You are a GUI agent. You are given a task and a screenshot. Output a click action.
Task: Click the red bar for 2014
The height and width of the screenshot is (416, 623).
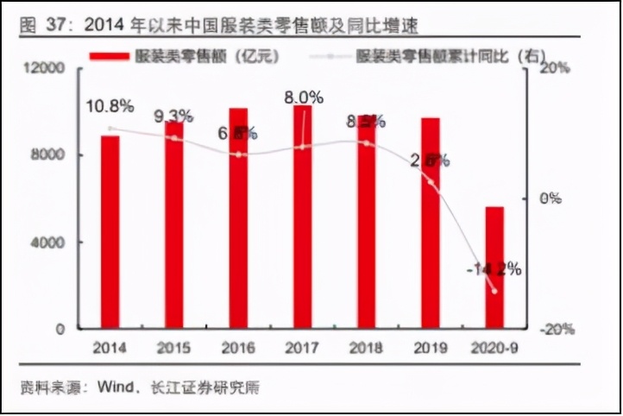(x=110, y=231)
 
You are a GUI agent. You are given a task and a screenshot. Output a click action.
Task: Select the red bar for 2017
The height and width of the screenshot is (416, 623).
(x=303, y=216)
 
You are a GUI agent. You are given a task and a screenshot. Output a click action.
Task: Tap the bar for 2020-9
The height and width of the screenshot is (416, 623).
(x=494, y=268)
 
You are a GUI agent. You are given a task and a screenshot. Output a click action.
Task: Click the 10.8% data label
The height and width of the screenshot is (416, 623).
(x=110, y=107)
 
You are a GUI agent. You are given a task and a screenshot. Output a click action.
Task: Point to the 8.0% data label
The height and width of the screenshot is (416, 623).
(x=303, y=98)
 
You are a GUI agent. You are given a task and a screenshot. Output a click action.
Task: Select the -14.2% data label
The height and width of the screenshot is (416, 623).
(x=494, y=269)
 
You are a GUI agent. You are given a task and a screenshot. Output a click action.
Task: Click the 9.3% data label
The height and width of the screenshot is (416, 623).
(x=175, y=115)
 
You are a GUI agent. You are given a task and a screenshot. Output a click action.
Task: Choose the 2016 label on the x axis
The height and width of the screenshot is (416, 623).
(x=238, y=349)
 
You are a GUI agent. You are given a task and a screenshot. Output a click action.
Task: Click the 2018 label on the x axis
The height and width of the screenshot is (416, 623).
(x=367, y=349)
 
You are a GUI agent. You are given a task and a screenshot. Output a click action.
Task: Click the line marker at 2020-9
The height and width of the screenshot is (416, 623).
(x=494, y=291)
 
